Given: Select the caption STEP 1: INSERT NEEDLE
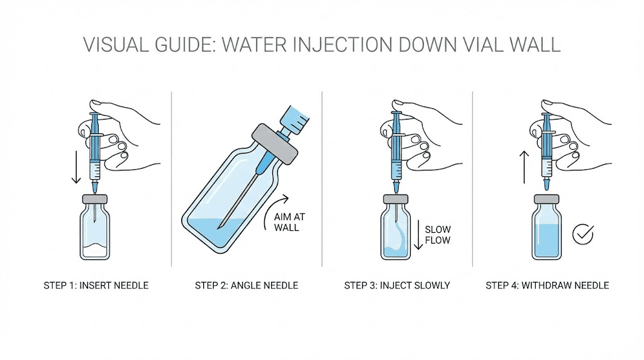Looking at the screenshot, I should click(x=96, y=285).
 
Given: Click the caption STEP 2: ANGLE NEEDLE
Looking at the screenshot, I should click(x=247, y=285).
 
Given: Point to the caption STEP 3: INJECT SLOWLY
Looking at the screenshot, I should click(x=397, y=285).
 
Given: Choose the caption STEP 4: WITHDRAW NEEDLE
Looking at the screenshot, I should click(x=547, y=285).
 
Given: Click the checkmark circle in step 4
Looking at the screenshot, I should click(x=583, y=234).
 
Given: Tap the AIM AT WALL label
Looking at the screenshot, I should click(x=286, y=222).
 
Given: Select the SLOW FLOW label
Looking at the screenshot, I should click(x=438, y=235).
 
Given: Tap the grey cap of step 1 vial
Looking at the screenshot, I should click(x=95, y=200).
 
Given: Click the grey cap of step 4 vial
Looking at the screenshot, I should click(x=547, y=200).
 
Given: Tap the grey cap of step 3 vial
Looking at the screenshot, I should click(x=397, y=200).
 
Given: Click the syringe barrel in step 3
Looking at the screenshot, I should click(x=397, y=151).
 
